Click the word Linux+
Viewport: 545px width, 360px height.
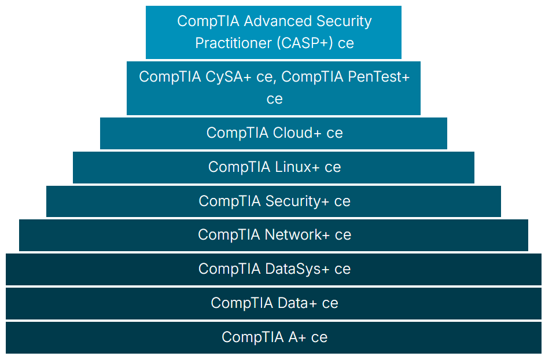(297, 167)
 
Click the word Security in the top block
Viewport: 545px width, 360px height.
(344, 21)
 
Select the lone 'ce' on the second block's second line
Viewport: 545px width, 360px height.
(274, 99)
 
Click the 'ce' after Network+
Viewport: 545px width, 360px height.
(343, 235)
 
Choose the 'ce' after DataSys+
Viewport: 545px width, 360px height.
(343, 269)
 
